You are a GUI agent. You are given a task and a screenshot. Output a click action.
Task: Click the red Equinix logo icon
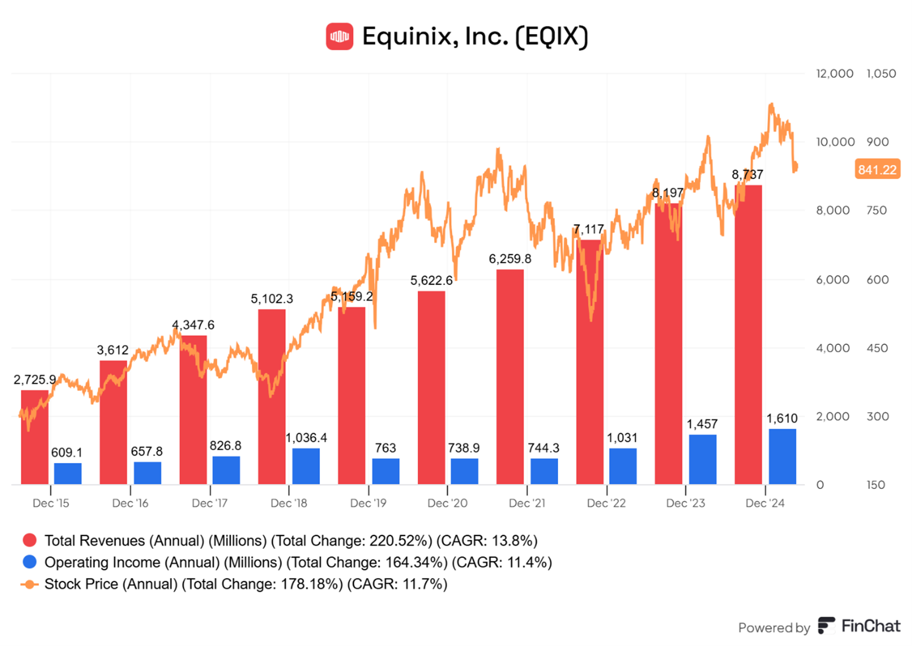pos(339,36)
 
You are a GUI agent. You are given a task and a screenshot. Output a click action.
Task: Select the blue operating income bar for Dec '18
pos(306,466)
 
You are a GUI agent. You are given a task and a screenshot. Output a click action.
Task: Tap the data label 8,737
pos(747,174)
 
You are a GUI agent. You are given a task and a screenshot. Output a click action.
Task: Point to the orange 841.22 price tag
pos(877,170)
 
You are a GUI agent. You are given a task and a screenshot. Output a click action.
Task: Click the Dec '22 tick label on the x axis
pos(606,503)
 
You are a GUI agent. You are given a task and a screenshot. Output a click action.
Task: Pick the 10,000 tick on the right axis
pos(835,142)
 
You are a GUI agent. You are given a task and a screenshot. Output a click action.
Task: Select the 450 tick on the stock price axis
pos(877,348)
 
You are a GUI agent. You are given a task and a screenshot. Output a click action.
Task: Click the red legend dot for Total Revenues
pos(30,540)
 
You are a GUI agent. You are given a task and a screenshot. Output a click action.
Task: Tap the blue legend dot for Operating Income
pos(30,562)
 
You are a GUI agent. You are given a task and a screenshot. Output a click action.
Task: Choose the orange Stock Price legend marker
pos(30,584)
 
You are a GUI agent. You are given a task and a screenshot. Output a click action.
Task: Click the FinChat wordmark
pos(870,626)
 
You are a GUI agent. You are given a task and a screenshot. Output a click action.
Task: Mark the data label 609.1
pos(66,452)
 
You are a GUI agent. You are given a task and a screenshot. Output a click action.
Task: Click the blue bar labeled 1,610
pos(782,457)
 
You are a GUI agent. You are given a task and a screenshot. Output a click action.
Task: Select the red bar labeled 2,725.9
pos(35,437)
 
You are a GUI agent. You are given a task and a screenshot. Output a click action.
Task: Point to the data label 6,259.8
pos(510,259)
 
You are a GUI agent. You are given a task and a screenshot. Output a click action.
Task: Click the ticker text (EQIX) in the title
pos(552,37)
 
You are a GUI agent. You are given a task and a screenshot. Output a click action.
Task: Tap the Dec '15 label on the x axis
pos(51,503)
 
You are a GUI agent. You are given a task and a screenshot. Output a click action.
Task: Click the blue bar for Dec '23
pos(702,459)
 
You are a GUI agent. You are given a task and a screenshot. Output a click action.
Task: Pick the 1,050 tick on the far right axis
pos(881,73)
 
